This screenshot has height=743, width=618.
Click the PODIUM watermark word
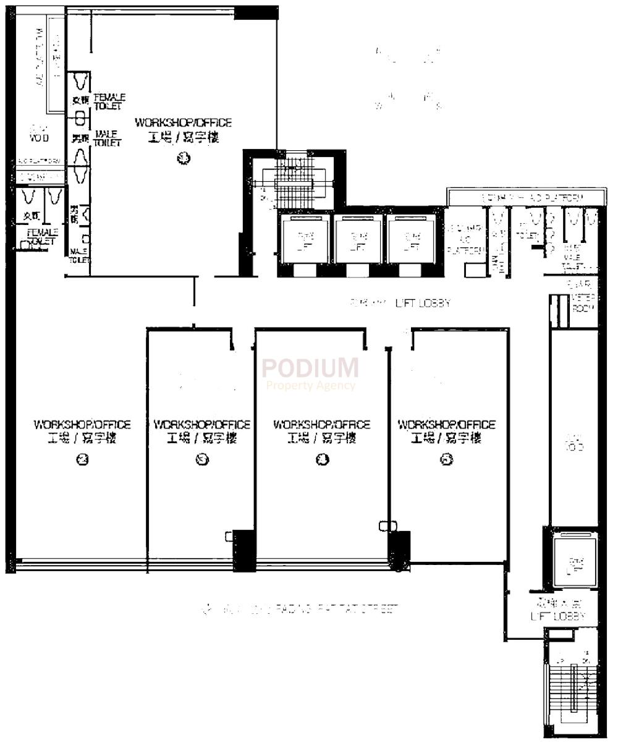coord(310,368)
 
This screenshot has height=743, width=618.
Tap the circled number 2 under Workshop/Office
coord(82,459)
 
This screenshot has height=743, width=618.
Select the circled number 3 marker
coord(201,459)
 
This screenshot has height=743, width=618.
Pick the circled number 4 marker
coord(322,459)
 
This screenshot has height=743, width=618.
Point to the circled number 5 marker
coord(447,459)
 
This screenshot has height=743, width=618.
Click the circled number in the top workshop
coord(183,158)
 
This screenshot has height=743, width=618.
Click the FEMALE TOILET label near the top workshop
coord(109,102)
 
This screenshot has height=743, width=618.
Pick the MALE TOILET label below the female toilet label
coord(108,138)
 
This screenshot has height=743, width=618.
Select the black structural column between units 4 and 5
coord(399,546)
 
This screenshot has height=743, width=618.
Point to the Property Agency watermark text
coord(310,385)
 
